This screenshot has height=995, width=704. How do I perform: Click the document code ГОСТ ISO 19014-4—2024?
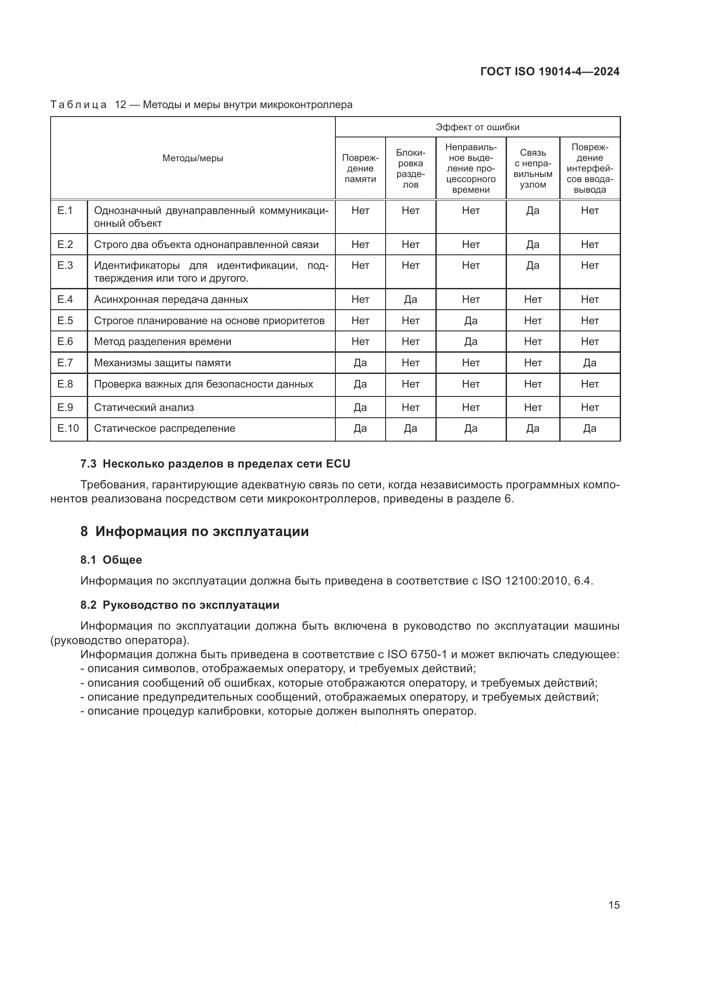(549, 71)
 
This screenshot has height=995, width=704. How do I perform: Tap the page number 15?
(614, 905)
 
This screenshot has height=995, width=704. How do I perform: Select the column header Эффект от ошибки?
(477, 127)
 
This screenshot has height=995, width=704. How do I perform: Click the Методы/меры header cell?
(192, 158)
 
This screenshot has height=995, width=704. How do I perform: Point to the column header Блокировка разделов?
(410, 168)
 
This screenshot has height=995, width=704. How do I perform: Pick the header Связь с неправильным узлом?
(532, 168)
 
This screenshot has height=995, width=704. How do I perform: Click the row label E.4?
(65, 299)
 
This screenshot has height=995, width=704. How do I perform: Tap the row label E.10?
(68, 429)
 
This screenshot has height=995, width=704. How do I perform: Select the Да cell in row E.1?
(532, 211)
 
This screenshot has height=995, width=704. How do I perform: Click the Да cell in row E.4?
(410, 299)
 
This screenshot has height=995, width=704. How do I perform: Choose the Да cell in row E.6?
(470, 342)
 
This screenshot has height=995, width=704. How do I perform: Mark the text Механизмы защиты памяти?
(162, 363)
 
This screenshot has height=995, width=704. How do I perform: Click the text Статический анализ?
(143, 408)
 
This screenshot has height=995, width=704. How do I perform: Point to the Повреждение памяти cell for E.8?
(360, 385)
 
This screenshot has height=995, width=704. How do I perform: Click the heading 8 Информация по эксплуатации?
(194, 532)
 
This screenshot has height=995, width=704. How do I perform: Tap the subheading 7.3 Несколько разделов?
(215, 464)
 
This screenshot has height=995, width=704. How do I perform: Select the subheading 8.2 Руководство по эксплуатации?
(180, 605)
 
